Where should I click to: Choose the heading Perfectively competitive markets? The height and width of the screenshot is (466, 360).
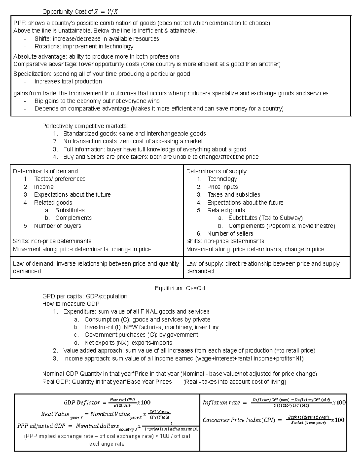(x=85, y=126)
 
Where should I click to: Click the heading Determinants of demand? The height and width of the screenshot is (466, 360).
(x=46, y=171)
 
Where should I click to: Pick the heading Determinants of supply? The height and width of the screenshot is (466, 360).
(x=217, y=171)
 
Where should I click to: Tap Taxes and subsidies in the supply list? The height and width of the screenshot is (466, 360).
(x=234, y=194)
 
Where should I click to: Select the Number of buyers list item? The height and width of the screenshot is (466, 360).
(x=58, y=226)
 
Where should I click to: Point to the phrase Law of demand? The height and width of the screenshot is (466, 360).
(x=34, y=264)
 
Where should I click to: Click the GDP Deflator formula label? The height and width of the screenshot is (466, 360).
(x=82, y=403)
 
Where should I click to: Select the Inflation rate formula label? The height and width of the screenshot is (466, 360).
(x=221, y=403)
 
